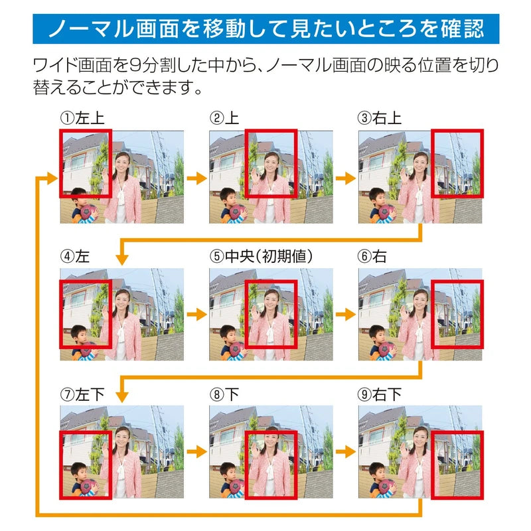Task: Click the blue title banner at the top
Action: click(x=266, y=29)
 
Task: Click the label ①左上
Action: click(x=82, y=118)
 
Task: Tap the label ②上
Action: click(x=224, y=118)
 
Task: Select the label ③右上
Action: click(x=380, y=118)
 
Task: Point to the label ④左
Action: click(x=75, y=256)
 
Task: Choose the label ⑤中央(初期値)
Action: click(x=261, y=256)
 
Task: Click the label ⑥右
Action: click(x=372, y=256)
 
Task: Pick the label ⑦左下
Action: click(x=82, y=394)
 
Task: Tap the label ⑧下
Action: click(x=224, y=394)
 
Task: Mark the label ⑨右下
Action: click(x=380, y=394)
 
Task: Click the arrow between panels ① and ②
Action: click(x=196, y=177)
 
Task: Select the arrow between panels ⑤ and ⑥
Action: click(x=346, y=314)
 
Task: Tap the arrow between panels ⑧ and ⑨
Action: click(x=346, y=452)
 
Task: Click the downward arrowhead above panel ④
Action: click(x=122, y=260)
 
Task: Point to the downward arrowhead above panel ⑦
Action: click(x=122, y=397)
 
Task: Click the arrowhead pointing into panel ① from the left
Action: click(x=52, y=177)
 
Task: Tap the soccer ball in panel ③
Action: click(x=387, y=212)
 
